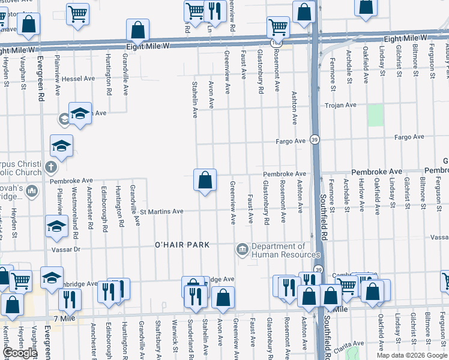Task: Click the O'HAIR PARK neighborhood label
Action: [182, 245]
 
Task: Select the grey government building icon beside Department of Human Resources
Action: [243, 249]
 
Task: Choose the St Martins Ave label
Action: [161, 211]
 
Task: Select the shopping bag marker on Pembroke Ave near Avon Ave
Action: [205, 180]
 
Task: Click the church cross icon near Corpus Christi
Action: [51, 166]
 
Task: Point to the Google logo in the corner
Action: [20, 353]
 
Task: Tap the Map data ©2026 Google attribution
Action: [412, 355]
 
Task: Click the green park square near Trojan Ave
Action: [375, 115]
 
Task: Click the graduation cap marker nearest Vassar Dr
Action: [56, 226]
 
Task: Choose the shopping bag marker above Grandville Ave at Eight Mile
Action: [138, 29]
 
